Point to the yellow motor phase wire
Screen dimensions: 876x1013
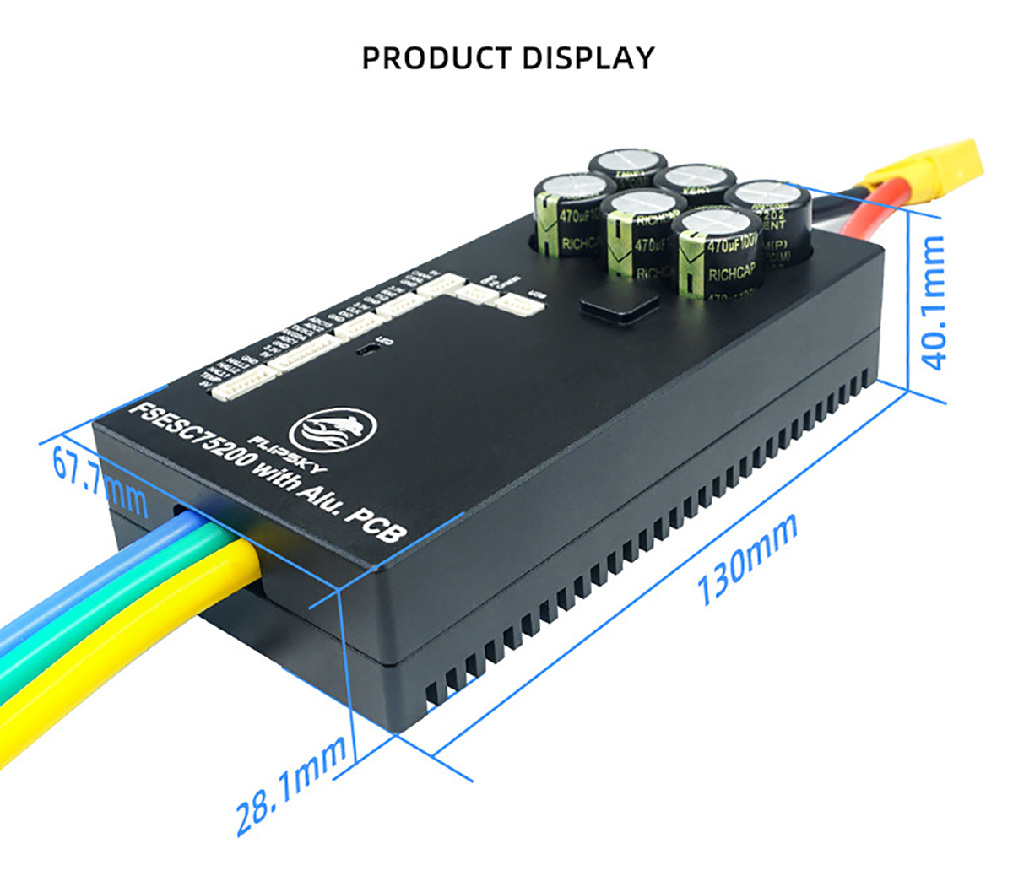pyautogui.click(x=127, y=650)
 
